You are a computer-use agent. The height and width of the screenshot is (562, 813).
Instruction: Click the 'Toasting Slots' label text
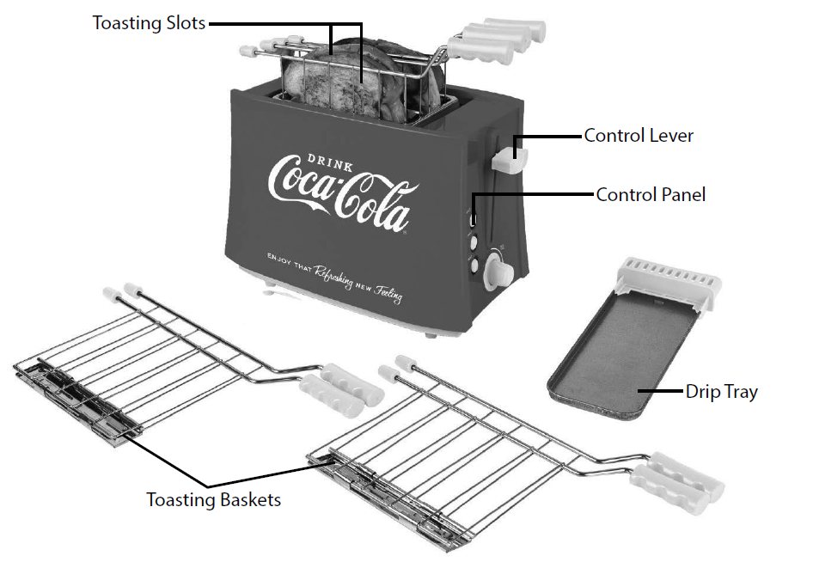149,23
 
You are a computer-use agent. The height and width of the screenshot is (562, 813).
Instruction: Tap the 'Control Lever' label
638,135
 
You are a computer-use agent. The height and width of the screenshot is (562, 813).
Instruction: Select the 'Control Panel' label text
651,194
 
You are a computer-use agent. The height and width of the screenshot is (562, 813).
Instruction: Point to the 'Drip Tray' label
721,392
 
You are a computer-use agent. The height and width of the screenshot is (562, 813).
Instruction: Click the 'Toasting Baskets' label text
213,498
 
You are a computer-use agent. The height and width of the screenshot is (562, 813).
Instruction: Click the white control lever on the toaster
510,156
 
